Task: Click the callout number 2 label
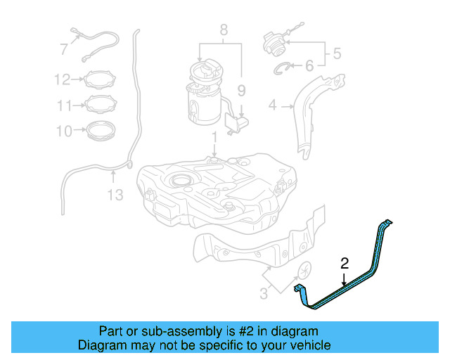click(345, 264)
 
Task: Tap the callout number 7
click(63, 50)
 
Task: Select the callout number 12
click(63, 79)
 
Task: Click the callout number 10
click(64, 131)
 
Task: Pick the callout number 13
click(115, 193)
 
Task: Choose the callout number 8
click(224, 30)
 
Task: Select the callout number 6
click(309, 67)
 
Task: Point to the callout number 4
click(273, 106)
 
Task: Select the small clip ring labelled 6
click(283, 67)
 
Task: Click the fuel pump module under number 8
click(204, 95)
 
